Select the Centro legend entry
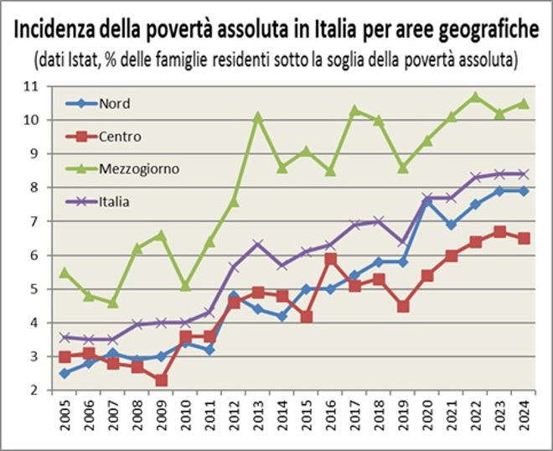tap(117, 137)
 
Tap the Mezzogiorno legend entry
tap(134, 168)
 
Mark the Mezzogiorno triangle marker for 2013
tap(258, 117)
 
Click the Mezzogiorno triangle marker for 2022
tap(475, 96)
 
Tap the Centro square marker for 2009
tap(162, 380)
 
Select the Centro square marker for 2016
tap(330, 258)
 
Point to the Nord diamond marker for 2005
tap(65, 373)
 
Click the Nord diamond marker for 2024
tap(524, 190)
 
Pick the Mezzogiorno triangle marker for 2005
tap(65, 272)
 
